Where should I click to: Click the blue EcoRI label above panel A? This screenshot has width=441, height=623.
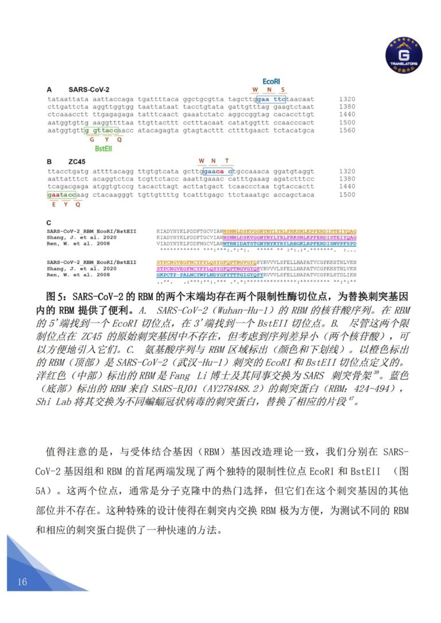coord(271,82)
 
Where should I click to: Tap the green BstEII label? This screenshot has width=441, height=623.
coord(103,147)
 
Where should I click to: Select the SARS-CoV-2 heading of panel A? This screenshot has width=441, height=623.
coord(88,90)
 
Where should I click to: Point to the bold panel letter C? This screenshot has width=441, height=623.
coord(49,223)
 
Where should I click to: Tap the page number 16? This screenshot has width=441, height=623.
coord(22,582)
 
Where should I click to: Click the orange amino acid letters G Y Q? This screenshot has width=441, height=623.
coord(105,139)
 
